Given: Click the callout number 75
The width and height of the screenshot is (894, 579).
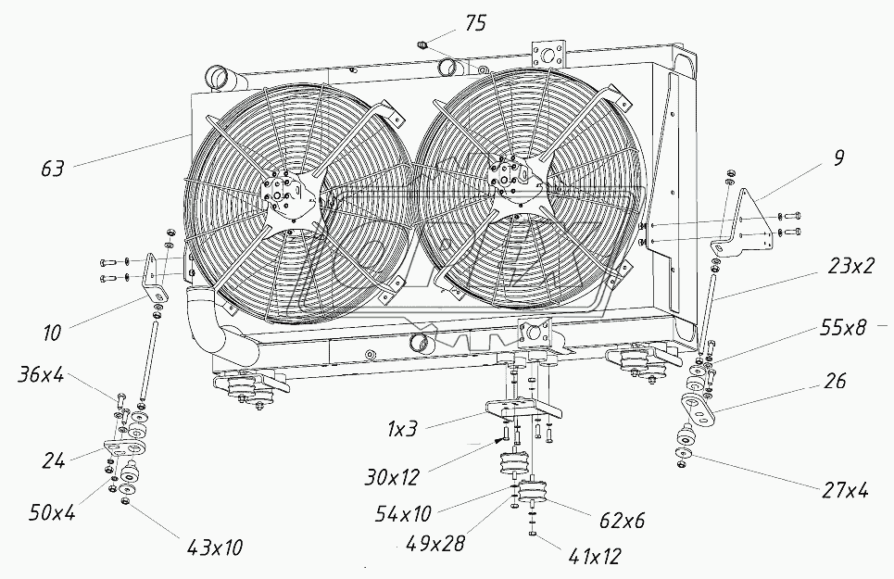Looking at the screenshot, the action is (475, 24).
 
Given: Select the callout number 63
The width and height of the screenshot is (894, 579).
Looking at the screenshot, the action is (53, 169).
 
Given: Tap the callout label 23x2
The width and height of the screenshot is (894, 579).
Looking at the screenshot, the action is (850, 266).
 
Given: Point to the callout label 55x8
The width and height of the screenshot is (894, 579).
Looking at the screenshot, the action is (844, 328).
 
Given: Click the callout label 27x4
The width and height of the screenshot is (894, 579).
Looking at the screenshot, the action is (845, 489).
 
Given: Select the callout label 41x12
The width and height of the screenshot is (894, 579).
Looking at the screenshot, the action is (594, 556).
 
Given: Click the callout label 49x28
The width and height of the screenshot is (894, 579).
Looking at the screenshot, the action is (435, 543).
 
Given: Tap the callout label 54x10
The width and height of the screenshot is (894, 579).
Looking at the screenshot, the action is (403, 514).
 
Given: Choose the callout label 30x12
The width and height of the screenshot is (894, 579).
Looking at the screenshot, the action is (392, 476).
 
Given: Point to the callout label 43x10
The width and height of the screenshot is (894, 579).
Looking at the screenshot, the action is (214, 548).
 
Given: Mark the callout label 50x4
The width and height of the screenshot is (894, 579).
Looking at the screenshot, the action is (52, 513).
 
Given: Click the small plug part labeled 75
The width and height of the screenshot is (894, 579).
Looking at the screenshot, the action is (423, 44).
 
